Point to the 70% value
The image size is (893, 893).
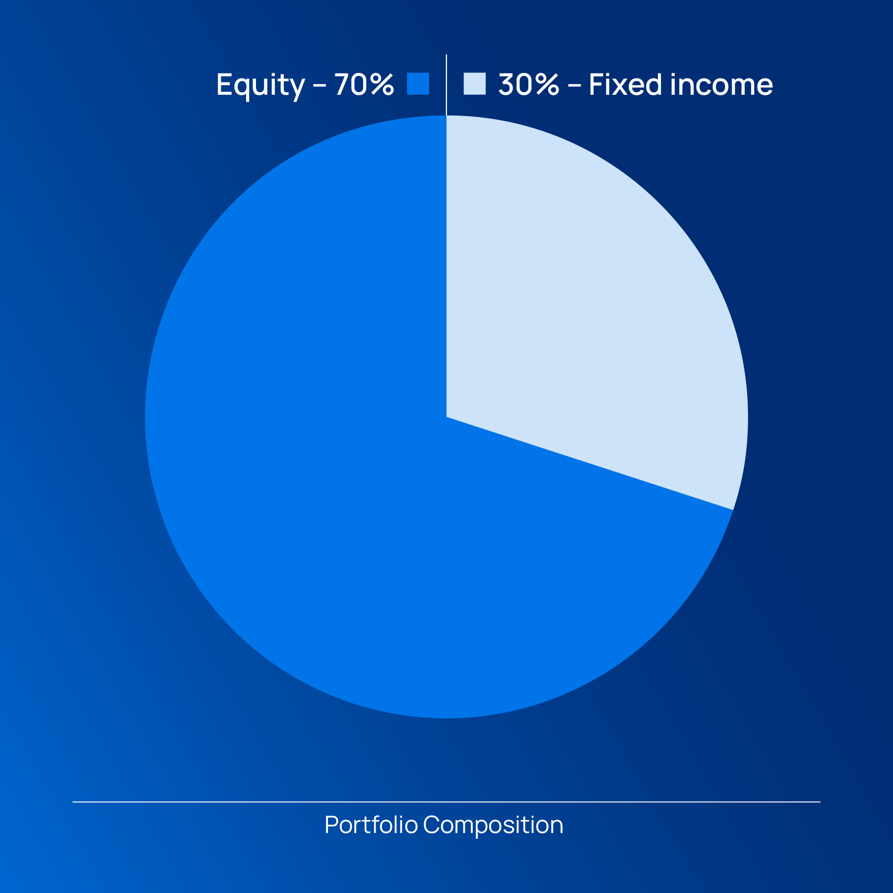[364, 84]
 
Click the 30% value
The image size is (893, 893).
[529, 84]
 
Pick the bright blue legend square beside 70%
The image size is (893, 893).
[418, 83]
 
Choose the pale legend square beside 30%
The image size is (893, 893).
[475, 83]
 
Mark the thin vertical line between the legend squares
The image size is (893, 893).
[446, 85]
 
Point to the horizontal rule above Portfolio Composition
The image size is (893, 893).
[446, 802]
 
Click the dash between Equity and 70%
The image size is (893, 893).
[320, 86]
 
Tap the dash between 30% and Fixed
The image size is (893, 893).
[574, 86]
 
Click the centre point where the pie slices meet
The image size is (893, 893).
[446, 417]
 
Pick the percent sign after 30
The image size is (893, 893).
[548, 84]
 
